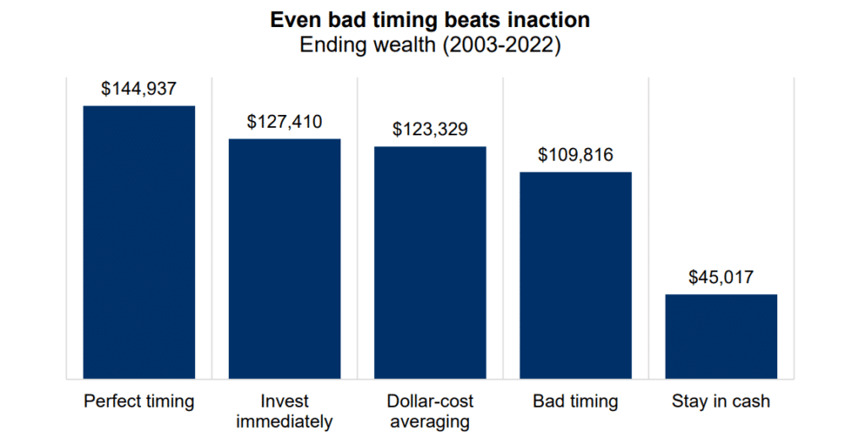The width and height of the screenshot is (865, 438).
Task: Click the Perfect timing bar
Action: [x=139, y=242]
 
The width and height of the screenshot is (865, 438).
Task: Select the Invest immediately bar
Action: [x=285, y=258]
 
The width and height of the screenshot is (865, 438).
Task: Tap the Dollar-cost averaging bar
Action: [x=430, y=262]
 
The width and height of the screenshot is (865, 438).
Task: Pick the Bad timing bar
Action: [x=575, y=275]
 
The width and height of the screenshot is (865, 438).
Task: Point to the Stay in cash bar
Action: [x=721, y=336]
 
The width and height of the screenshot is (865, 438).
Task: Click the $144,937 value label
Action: [x=139, y=89]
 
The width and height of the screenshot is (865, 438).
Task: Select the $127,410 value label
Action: [x=285, y=122]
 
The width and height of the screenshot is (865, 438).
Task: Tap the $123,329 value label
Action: [x=430, y=129]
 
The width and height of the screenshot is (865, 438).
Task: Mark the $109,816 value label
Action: [x=575, y=155]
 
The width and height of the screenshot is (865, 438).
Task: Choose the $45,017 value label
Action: [x=721, y=276]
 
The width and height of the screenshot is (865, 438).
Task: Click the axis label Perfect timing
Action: [x=139, y=401]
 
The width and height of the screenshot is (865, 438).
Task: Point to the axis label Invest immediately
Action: [x=285, y=411]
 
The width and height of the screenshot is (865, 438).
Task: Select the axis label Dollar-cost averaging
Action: [x=430, y=411]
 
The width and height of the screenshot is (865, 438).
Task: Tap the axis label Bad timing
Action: [x=575, y=401]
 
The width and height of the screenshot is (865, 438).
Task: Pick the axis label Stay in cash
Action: [x=721, y=401]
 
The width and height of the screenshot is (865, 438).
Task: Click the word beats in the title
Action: [x=467, y=19]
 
